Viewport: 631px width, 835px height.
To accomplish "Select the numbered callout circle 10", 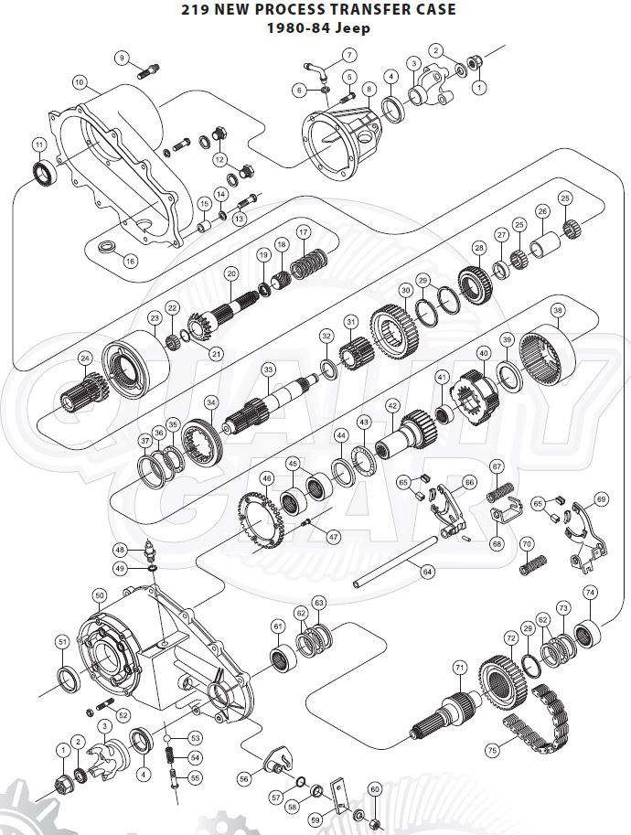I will click(80, 82).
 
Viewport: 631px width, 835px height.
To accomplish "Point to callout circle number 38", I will click(558, 310).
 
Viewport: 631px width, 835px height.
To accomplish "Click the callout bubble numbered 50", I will click(100, 595).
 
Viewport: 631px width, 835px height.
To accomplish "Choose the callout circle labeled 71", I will click(459, 667).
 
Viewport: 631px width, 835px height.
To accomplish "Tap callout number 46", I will click(267, 478).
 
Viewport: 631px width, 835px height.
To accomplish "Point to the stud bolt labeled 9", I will click(151, 67).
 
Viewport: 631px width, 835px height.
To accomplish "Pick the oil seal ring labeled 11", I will click(42, 172).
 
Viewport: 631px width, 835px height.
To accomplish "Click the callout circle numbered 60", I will click(373, 788).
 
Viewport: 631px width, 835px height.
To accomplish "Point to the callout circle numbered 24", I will click(85, 358).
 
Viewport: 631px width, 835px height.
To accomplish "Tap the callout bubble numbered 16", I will click(130, 261).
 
